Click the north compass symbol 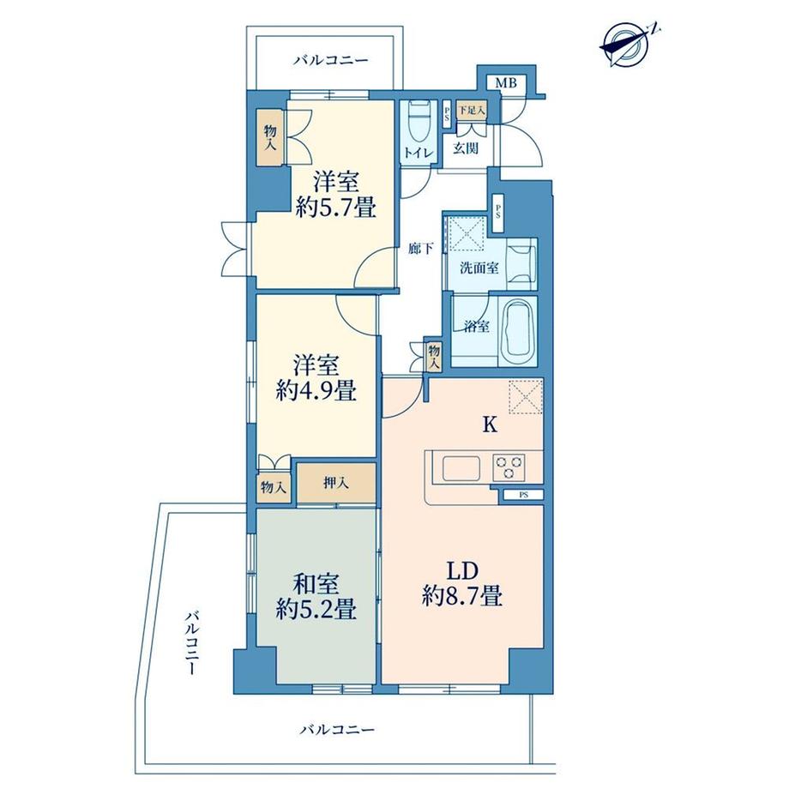pos(629,45)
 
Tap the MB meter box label pos(506,83)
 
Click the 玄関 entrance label pos(466,148)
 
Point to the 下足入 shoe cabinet pos(472,110)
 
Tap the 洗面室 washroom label pos(479,268)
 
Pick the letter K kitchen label pos(490,425)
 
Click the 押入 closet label pos(335,484)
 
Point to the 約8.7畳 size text pos(462,597)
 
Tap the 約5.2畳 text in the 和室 pos(316,610)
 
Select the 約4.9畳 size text pos(316,390)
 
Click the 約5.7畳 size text pos(336,207)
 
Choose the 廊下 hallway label pos(421,248)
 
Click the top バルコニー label pos(331,61)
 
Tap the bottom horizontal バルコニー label pos(337,729)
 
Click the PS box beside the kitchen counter pos(523,495)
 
